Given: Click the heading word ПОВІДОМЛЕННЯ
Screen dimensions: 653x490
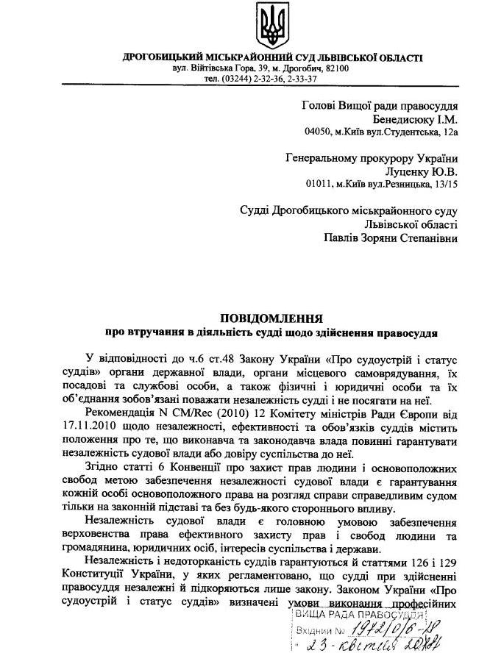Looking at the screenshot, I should click(x=271, y=318).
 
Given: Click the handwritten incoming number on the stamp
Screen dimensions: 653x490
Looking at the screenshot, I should click(x=388, y=628).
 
